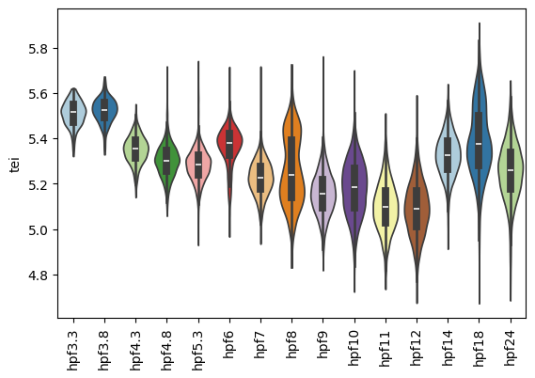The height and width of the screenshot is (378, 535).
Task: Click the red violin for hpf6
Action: coord(229,141)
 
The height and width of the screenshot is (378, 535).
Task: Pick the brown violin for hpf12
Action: coord(417,205)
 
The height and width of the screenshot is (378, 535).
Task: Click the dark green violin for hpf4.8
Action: coord(167,161)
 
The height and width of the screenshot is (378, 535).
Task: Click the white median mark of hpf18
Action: coord(479,144)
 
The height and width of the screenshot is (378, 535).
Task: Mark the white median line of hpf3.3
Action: coord(73,112)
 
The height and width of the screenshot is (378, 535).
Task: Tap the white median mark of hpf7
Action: coord(260,178)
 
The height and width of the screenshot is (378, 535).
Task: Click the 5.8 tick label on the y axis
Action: coord(39,49)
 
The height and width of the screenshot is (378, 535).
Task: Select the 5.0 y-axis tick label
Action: coord(39,230)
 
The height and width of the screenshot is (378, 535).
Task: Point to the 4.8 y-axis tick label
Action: coord(39,276)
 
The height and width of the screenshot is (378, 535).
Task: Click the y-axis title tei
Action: coord(15,165)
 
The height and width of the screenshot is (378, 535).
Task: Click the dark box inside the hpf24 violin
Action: coord(511,170)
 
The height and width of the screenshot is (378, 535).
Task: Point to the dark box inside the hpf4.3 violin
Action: coord(135,149)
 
